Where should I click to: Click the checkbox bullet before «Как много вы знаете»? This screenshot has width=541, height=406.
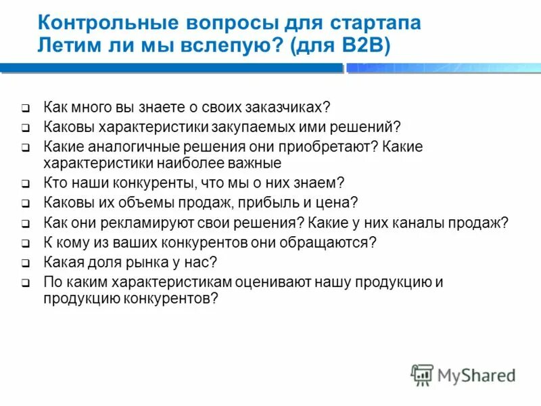[25, 108]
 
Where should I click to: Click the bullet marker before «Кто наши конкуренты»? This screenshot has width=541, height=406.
[25, 183]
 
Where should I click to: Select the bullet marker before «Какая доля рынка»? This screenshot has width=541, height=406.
[25, 263]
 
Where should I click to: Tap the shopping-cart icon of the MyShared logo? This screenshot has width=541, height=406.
[422, 374]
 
